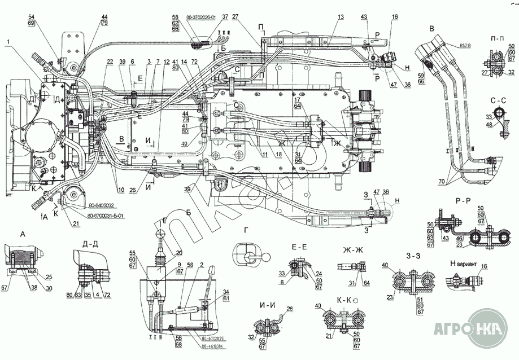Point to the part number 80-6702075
click(x=212, y=339)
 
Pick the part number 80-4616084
click(x=212, y=345)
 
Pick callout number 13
click(x=340, y=17)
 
